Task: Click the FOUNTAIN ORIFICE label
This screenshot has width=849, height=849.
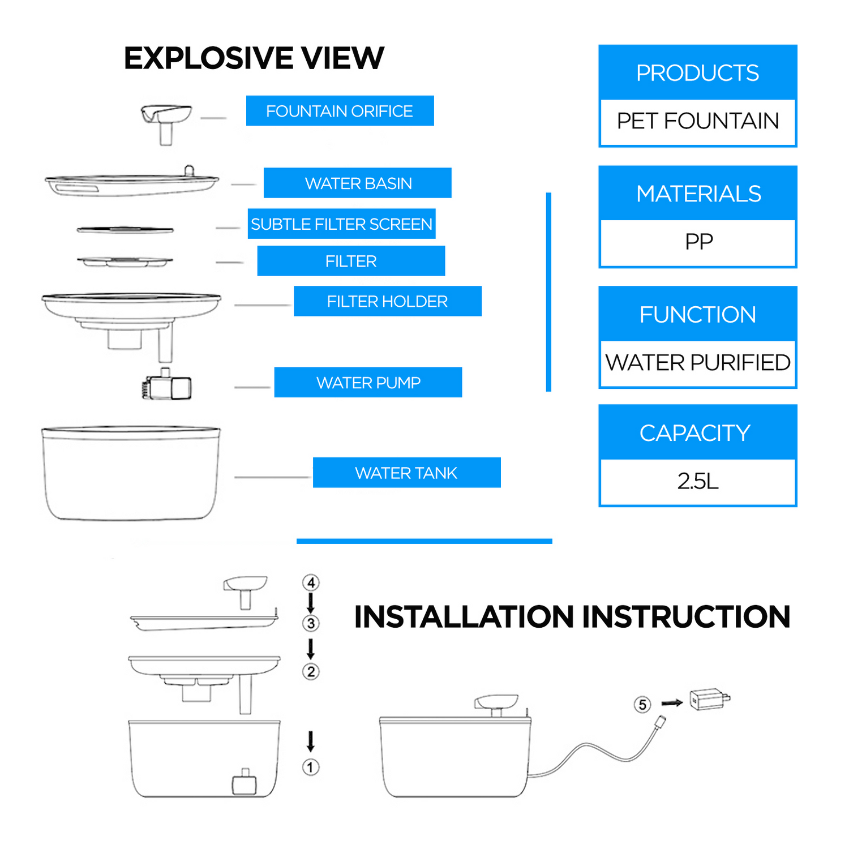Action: click(340, 111)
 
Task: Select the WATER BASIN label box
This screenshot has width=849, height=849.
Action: click(358, 183)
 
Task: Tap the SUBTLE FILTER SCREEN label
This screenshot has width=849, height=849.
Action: click(341, 224)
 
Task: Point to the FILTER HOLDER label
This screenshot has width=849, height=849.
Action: click(387, 301)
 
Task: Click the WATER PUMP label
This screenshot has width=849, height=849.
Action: click(368, 383)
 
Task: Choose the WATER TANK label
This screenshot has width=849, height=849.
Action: click(406, 473)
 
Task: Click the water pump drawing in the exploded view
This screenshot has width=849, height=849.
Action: click(167, 386)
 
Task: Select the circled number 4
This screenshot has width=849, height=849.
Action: click(311, 582)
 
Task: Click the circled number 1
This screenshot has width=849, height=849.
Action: click(311, 767)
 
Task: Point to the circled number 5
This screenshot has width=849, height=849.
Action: click(642, 705)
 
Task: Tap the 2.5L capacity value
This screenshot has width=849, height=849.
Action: click(698, 482)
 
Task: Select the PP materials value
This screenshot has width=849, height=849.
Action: click(698, 242)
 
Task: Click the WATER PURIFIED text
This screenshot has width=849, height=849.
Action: click(698, 363)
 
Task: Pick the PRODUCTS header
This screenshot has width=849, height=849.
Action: click(697, 73)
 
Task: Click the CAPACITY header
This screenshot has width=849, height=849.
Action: click(695, 433)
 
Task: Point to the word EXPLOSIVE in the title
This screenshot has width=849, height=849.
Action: click(208, 58)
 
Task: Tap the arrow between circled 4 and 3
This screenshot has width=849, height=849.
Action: click(311, 603)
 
